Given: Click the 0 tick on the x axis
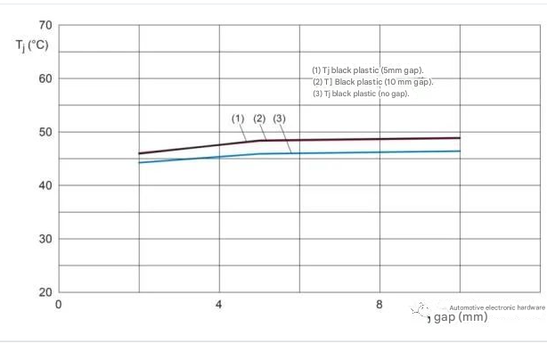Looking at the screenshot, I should point(59,305).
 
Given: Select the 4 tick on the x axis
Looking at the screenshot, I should point(219,305).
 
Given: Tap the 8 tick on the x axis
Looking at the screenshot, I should point(380,305).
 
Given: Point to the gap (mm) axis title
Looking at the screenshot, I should point(460,317).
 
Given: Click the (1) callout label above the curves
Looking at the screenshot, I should point(238,119).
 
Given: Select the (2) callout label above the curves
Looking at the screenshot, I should point(259,119).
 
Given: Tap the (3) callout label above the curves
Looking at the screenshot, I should point(280,119).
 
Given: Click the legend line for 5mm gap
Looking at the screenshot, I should point(367,70).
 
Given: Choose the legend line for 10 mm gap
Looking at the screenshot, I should point(372,82).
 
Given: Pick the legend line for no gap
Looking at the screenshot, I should point(361,94).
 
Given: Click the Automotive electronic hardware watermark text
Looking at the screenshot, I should point(497,307).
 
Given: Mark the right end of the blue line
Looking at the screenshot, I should point(460,151).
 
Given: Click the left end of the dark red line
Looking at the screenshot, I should point(139,153).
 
